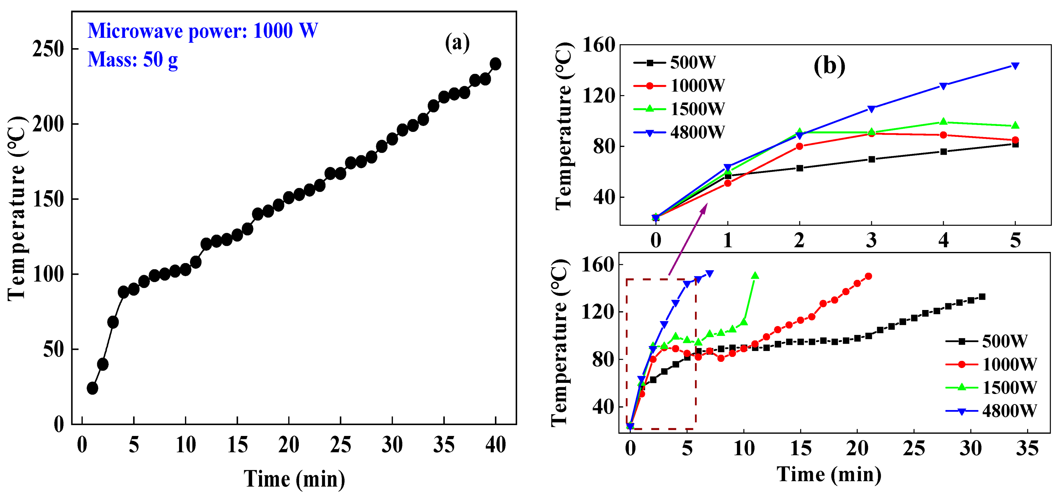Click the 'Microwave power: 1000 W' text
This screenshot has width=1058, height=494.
203,31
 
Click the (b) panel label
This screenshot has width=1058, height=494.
829,66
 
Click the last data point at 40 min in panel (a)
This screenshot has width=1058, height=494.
495,64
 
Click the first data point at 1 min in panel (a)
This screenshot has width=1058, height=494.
92,388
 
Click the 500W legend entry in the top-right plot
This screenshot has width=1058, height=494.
675,62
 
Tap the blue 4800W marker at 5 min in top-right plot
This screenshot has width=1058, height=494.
1015,66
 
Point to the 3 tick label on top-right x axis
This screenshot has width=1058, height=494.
871,240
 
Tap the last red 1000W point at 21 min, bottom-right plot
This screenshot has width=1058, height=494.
868,276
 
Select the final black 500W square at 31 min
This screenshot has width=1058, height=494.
982,296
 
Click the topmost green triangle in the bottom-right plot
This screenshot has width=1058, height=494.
755,275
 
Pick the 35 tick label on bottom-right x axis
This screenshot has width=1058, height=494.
1027,448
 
